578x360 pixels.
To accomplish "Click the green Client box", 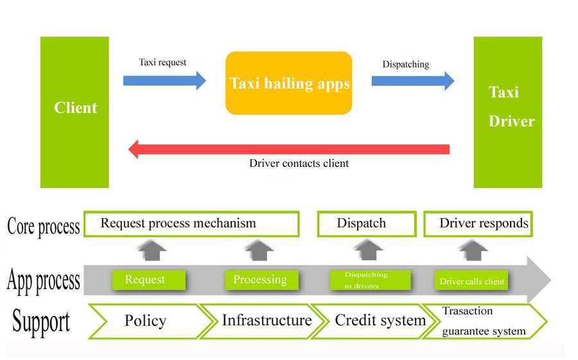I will (75, 112).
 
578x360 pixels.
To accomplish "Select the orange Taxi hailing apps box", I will (288, 83).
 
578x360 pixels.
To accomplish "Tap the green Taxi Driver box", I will (507, 112).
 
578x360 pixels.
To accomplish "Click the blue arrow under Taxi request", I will (164, 81).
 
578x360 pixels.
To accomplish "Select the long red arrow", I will (289, 150).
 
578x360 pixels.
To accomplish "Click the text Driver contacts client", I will (299, 164).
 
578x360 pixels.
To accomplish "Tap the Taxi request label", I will (162, 62).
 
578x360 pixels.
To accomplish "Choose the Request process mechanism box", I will (192, 224).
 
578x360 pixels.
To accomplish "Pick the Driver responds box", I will (478, 224).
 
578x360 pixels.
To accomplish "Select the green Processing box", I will (261, 280).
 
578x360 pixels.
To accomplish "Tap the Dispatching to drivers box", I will (369, 280).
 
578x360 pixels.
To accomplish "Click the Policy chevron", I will (145, 321).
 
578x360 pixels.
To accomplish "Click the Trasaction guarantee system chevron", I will (488, 321).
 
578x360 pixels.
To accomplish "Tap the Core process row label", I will (43, 226).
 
